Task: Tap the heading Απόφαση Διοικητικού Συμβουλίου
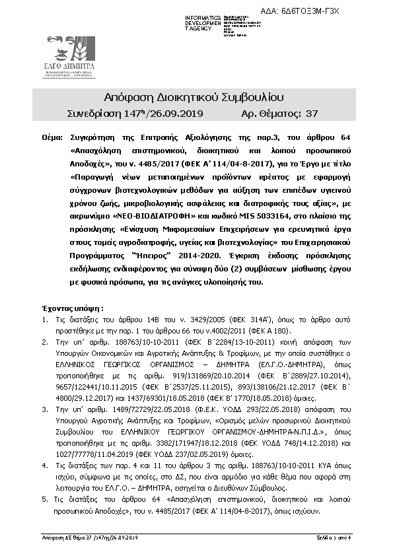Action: (195, 98)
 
